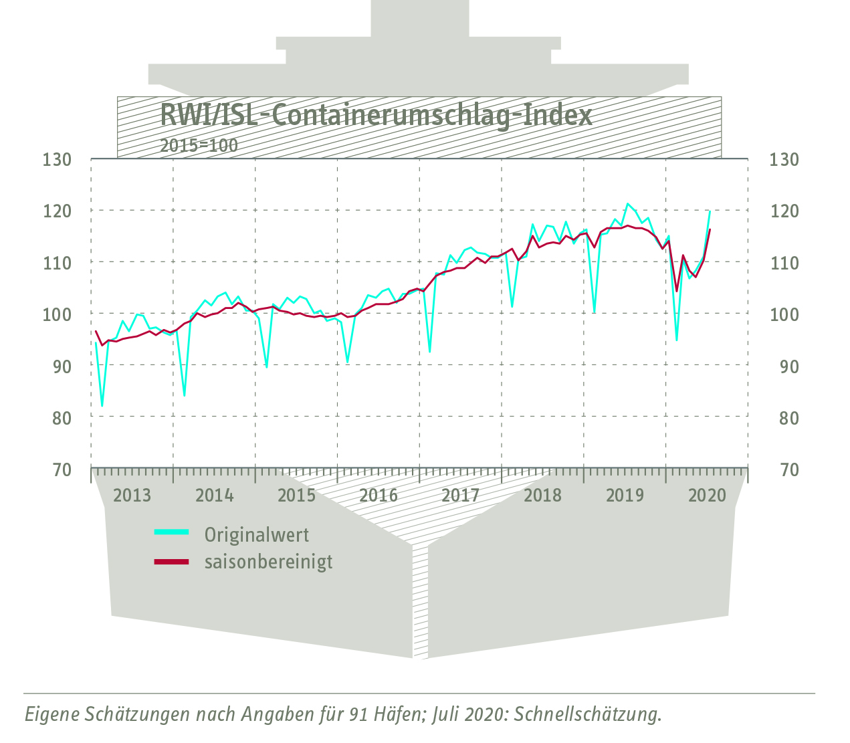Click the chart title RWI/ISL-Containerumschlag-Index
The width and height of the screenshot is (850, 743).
click(376, 115)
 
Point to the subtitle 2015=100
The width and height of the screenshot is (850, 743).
click(199, 145)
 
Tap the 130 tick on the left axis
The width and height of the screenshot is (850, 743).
click(57, 160)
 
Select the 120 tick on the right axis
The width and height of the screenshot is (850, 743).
click(784, 211)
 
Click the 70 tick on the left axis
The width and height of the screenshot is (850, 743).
click(62, 470)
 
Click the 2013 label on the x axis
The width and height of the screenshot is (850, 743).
click(132, 496)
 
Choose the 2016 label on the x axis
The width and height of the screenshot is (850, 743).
click(379, 496)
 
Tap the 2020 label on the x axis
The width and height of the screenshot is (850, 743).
click(707, 496)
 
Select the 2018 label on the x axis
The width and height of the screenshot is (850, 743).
click(542, 496)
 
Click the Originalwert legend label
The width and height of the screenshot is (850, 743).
click(257, 535)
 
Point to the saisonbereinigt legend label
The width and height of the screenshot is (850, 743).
click(268, 562)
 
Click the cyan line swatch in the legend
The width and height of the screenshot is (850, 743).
click(172, 532)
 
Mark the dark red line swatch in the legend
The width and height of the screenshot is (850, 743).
click(172, 562)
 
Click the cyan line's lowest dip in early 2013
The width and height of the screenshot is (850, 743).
click(102, 405)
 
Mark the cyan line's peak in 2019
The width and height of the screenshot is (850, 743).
click(627, 204)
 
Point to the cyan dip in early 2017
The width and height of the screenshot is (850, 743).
click(429, 351)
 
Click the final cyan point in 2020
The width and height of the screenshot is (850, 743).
click(709, 211)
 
